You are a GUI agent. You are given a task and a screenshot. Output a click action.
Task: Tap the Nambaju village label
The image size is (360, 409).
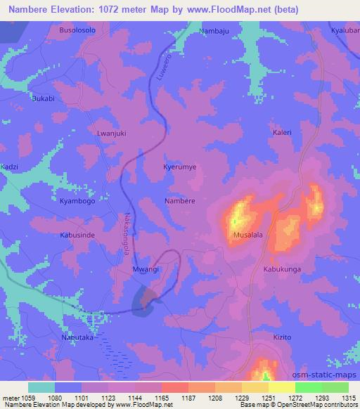click(214, 32)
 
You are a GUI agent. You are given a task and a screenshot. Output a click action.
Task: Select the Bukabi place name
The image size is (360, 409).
click(44, 99)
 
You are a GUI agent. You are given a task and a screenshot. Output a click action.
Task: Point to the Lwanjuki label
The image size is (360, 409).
click(110, 132)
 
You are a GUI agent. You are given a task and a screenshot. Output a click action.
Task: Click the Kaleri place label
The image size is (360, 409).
click(281, 132)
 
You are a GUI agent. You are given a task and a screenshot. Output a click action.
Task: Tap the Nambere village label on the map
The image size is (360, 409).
click(180, 201)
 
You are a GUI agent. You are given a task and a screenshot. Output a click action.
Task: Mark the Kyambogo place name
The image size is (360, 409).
click(77, 201)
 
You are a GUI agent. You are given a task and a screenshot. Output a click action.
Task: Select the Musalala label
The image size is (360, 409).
click(248, 237)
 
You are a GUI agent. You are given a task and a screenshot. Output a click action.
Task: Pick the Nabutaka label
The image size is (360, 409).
click(77, 337)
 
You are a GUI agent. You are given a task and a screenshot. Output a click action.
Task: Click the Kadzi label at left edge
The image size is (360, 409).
click(10, 168)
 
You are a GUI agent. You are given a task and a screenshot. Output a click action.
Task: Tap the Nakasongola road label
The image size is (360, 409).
click(127, 230)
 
